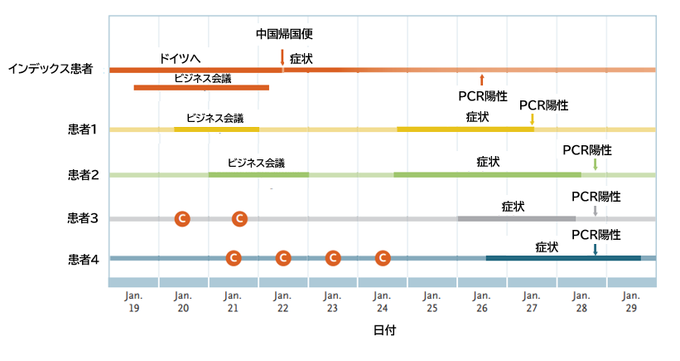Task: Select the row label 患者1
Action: (83, 129)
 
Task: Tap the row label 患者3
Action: (83, 219)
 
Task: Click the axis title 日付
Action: (383, 330)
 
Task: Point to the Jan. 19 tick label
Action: (133, 301)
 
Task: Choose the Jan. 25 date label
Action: (432, 301)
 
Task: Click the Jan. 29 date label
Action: (631, 301)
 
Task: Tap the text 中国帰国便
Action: (284, 34)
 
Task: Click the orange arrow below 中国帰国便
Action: (282, 57)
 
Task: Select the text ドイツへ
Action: (181, 58)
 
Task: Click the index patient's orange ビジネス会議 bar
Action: (201, 87)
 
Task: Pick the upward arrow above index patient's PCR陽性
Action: (482, 80)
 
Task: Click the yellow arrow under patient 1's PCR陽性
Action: (532, 120)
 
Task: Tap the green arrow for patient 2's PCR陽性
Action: (595, 165)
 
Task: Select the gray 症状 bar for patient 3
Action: (516, 218)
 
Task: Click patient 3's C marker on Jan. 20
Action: (182, 218)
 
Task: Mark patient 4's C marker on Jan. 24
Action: (383, 258)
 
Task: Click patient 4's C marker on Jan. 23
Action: (333, 258)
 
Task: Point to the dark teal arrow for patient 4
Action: (595, 249)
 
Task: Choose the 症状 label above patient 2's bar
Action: (489, 162)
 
